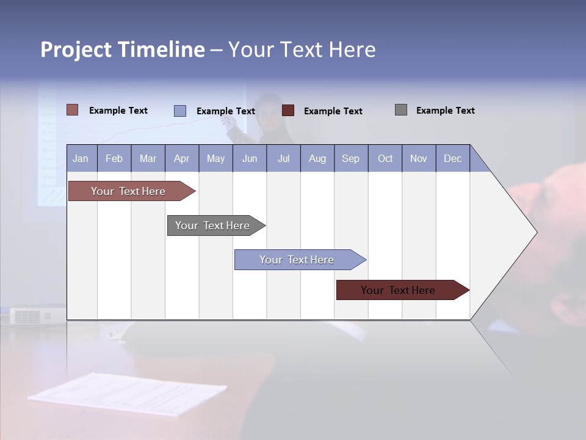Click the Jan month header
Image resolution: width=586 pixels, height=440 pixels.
pyautogui.click(x=81, y=158)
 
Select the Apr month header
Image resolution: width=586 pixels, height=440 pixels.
pyautogui.click(x=181, y=158)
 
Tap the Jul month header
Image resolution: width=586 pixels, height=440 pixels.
pyautogui.click(x=283, y=158)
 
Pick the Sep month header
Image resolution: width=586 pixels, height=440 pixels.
pyautogui.click(x=350, y=158)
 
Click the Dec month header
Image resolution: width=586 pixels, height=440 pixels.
pyautogui.click(x=452, y=158)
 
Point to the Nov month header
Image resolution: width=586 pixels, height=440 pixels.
pyautogui.click(x=418, y=158)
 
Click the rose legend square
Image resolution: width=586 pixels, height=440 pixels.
pyautogui.click(x=72, y=110)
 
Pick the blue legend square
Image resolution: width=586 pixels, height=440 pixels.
pyautogui.click(x=180, y=111)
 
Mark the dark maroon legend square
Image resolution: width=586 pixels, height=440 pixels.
pyautogui.click(x=288, y=111)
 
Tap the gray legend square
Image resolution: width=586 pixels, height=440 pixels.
pyautogui.click(x=401, y=110)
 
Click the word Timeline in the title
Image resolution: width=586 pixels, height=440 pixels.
pyautogui.click(x=161, y=50)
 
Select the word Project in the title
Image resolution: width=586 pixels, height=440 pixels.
pyautogui.click(x=76, y=50)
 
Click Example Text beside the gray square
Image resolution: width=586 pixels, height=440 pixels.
pyautogui.click(x=445, y=110)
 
